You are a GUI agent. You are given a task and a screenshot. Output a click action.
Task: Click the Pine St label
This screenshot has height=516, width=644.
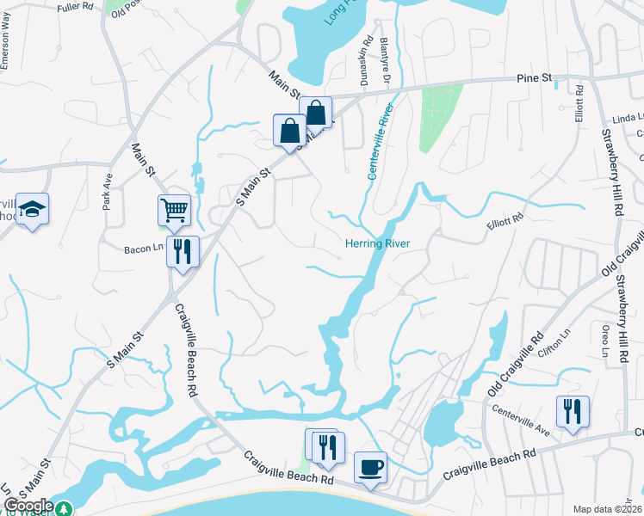click(534, 78)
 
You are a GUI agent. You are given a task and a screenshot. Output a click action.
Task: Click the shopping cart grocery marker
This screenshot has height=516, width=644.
click(174, 209)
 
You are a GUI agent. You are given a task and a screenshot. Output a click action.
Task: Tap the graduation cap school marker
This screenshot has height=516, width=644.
click(33, 209)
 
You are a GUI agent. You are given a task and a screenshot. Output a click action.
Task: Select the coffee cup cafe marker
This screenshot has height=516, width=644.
click(370, 467)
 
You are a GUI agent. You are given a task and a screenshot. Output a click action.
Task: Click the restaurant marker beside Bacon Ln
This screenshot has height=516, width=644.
click(183, 251)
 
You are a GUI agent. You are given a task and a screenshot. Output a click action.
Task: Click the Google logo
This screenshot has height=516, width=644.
click(28, 506)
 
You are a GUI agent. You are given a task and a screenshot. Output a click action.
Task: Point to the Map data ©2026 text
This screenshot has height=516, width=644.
click(608, 509)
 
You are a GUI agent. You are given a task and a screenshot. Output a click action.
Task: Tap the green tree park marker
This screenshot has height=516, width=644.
click(64, 509)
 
